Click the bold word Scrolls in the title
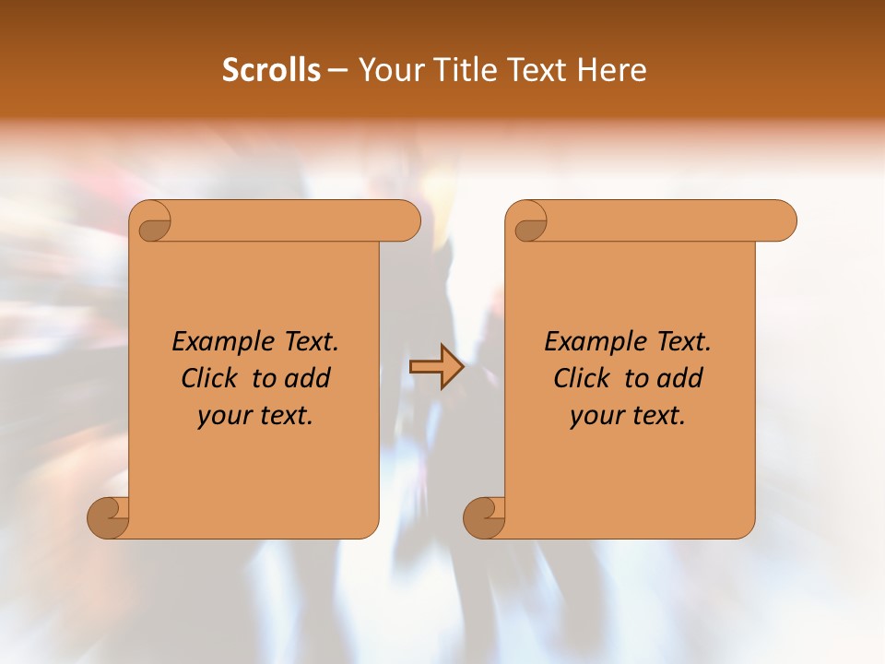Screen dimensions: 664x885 (271, 70)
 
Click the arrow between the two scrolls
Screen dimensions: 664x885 (436, 367)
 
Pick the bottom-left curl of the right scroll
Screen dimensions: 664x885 (483, 517)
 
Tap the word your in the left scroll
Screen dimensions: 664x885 (221, 416)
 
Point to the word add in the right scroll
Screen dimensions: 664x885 (681, 378)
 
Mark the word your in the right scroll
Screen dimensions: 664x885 (594, 416)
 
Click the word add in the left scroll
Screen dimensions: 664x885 (309, 378)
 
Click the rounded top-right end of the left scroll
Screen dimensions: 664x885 (407, 220)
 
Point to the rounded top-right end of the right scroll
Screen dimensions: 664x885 (783, 220)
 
